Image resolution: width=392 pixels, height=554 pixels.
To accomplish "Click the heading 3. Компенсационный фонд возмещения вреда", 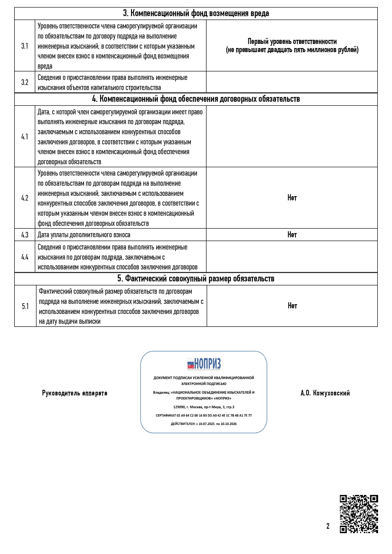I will pyautogui.click(x=196, y=14).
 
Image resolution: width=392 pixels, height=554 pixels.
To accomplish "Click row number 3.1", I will pyautogui.click(x=25, y=46).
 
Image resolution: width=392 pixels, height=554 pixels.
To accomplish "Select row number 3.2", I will pyautogui.click(x=25, y=82).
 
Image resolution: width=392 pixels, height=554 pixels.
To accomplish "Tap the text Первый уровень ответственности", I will pyautogui.click(x=292, y=41).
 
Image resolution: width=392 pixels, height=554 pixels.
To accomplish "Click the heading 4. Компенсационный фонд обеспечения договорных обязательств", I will pyautogui.click(x=196, y=99).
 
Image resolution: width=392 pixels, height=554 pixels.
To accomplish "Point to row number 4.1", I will pyautogui.click(x=25, y=137).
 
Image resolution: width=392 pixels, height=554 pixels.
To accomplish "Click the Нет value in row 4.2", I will pyautogui.click(x=292, y=198).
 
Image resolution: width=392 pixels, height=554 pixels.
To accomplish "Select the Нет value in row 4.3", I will pyautogui.click(x=292, y=235).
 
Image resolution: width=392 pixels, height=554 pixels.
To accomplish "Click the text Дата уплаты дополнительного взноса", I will pyautogui.click(x=84, y=235).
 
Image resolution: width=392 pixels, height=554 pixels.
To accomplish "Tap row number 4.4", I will pyautogui.click(x=25, y=257).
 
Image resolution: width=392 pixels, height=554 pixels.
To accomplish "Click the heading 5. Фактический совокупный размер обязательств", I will pyautogui.click(x=196, y=279).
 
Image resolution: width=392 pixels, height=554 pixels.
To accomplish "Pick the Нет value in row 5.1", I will pyautogui.click(x=292, y=306).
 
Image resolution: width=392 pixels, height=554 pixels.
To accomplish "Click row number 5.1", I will pyautogui.click(x=25, y=306).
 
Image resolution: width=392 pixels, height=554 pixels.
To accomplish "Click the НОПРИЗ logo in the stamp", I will pyautogui.click(x=204, y=364).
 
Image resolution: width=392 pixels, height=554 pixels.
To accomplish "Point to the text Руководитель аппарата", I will pyautogui.click(x=75, y=393).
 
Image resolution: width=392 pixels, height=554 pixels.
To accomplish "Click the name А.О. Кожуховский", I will pyautogui.click(x=325, y=393).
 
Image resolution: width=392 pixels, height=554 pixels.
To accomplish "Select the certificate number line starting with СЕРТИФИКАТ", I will pyautogui.click(x=204, y=416).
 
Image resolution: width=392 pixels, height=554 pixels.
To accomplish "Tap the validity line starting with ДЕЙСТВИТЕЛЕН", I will pyautogui.click(x=204, y=424).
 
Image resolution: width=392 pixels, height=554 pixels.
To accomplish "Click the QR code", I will pyautogui.click(x=359, y=514).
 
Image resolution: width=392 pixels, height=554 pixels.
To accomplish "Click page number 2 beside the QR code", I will pyautogui.click(x=328, y=526).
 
